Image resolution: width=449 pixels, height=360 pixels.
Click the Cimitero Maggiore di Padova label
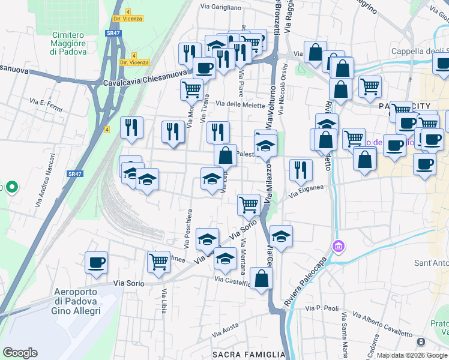click(x=68, y=44)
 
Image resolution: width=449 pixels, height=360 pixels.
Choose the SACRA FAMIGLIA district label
click(x=249, y=355)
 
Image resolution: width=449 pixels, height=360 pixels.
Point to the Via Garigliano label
click(x=221, y=8)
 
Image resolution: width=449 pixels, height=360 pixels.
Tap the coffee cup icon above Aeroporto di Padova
click(x=97, y=262)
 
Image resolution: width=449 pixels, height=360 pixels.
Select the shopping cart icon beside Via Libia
click(x=158, y=262)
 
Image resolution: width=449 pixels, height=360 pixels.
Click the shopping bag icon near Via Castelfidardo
click(x=261, y=278)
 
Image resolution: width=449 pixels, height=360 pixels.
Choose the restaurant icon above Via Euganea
click(x=301, y=169)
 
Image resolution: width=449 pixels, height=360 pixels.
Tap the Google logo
click(x=20, y=353)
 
